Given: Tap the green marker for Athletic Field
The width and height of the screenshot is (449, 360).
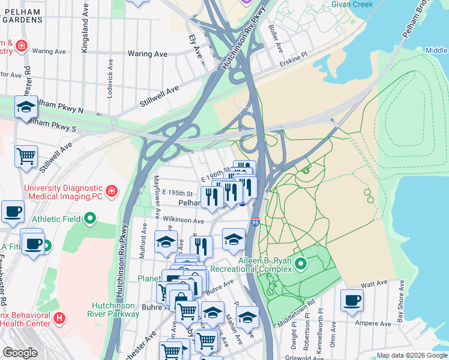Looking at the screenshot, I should coord(90,219).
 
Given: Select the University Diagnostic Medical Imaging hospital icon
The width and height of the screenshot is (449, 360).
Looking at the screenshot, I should coord(111,191).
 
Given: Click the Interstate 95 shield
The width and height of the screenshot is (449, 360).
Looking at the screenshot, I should coord(255,222).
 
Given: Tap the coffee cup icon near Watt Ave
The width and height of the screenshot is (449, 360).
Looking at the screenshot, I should coord(352,300).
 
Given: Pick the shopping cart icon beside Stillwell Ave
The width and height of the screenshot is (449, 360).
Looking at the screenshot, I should coord(26,157).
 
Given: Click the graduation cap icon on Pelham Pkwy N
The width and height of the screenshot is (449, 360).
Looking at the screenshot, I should coord(26,107).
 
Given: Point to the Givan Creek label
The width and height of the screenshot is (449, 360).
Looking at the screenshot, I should coord(352,4).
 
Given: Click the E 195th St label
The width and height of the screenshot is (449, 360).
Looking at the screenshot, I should coord(177,193).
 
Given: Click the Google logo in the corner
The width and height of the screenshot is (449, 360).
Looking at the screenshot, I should coord(20,352).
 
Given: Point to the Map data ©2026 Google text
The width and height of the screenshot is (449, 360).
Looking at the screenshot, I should coord(411,355).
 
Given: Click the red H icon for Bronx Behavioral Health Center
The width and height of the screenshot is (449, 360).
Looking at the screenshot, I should coord(59,317).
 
